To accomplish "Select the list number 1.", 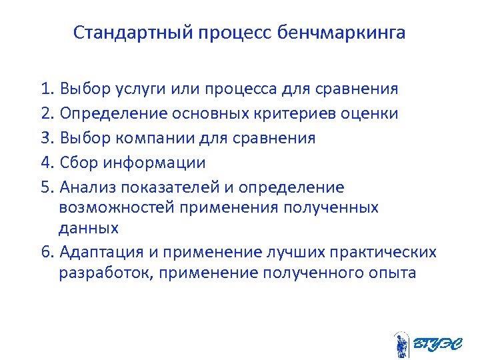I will tap(46, 89).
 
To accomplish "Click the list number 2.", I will tap(46, 113).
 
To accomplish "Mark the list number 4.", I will tap(46, 163).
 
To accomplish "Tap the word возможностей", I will tap(117, 207).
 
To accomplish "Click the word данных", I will tap(89, 228).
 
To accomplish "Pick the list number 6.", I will tap(46, 252).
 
